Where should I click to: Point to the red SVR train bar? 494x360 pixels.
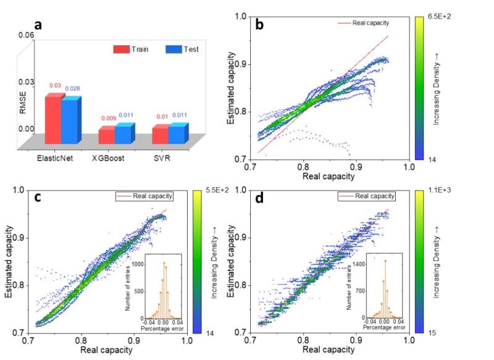[x=160, y=134]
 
